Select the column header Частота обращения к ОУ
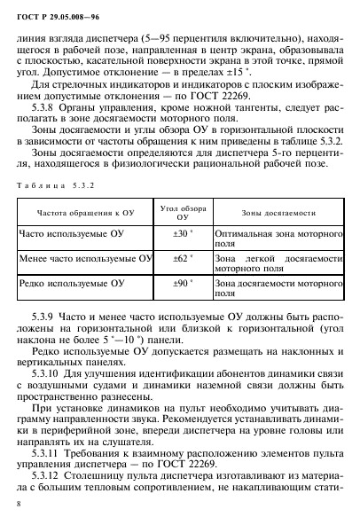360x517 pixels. click(x=81, y=237)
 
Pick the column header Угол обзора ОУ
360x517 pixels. click(x=183, y=237)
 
